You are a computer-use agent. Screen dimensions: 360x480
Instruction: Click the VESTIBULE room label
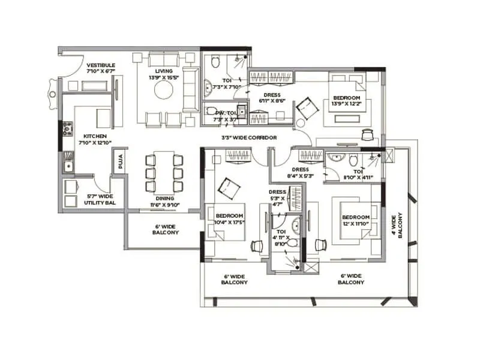pyautogui.click(x=100, y=68)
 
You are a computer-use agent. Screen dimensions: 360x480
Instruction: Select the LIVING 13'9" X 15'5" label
pyautogui.click(x=163, y=74)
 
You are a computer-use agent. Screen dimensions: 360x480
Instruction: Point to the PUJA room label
pyautogui.click(x=119, y=161)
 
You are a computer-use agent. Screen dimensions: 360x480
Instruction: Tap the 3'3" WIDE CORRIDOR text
pyautogui.click(x=248, y=138)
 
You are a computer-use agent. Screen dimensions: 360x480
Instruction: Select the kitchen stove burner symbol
pyautogui.click(x=67, y=127)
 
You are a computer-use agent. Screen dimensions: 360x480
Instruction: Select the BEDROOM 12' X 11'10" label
pyautogui.click(x=355, y=220)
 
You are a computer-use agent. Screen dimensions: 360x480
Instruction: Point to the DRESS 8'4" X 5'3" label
pyautogui.click(x=300, y=173)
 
